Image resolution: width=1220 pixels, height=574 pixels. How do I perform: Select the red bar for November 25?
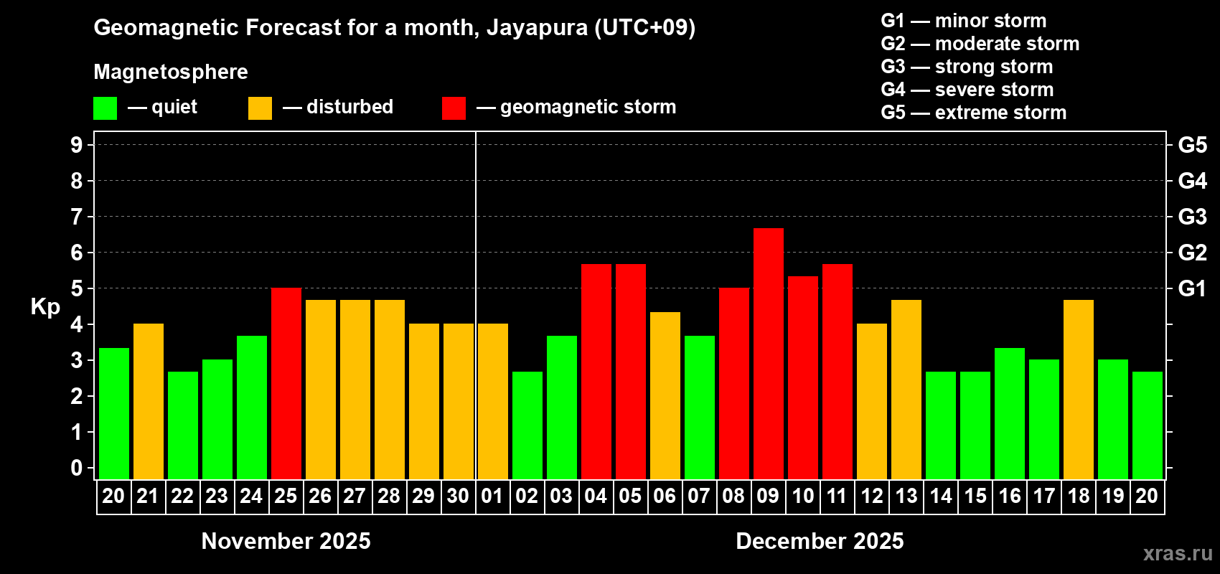coord(286,383)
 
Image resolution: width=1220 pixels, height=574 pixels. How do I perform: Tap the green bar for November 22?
coord(182,425)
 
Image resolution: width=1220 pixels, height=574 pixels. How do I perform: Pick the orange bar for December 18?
coord(1078,389)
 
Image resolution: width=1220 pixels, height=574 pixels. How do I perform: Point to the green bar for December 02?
coord(527,425)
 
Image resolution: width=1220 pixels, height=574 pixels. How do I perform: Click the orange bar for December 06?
coord(665,395)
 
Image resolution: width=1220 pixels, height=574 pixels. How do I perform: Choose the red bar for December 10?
coord(802,377)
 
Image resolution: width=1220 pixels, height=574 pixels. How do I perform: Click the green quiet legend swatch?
coord(105,108)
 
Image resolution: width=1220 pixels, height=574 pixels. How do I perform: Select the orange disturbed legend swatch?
coord(260,108)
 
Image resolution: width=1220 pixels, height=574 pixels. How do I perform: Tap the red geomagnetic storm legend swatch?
coord(454,108)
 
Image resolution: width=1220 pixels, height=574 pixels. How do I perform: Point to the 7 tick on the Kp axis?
coord(77,217)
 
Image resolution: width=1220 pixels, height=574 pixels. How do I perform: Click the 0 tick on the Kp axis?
coord(77,468)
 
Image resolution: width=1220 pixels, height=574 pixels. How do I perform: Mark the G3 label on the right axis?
coord(1192,217)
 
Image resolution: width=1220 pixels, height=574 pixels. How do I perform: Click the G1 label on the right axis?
coord(1192,288)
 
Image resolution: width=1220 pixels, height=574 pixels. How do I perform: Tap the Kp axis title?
coord(45,306)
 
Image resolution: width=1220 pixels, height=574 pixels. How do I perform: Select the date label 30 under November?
coord(458,496)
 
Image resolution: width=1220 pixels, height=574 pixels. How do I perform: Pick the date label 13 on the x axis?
coord(906,496)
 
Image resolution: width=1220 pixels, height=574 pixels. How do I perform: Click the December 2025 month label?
coord(820,541)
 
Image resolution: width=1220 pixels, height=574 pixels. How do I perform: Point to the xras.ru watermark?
coord(1178,552)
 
